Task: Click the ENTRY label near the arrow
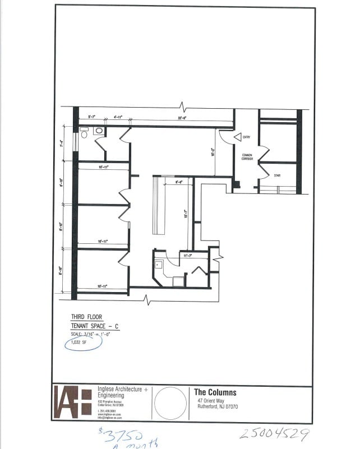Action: tap(247, 137)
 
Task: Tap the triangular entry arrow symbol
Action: tap(237, 137)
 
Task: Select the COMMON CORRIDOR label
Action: tap(247, 157)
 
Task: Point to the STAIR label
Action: tap(277, 176)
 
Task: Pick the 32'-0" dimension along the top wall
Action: tap(182, 118)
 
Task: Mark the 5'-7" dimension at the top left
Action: tap(91, 117)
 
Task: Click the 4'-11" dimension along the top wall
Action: tap(118, 117)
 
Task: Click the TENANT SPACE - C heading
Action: tap(95, 326)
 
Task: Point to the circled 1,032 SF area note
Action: tap(78, 342)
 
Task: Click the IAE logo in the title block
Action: tap(72, 402)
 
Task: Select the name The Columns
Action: tap(215, 392)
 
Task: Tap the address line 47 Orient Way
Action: tap(211, 401)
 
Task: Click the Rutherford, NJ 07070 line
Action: tap(218, 406)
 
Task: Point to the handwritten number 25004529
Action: tap(274, 434)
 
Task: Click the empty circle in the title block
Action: tap(170, 402)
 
